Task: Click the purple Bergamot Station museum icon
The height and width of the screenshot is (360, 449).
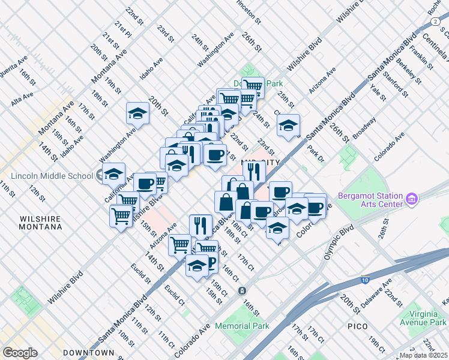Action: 412,198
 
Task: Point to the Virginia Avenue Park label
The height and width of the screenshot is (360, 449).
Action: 417,318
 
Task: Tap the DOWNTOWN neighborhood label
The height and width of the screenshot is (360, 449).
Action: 90,352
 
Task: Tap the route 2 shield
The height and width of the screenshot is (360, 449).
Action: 434,21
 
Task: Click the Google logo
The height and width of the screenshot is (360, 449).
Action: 20,352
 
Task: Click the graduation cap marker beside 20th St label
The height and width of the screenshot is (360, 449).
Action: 137,113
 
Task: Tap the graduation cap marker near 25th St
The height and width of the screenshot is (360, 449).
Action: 288,125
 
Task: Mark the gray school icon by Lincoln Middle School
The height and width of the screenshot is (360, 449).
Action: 99,176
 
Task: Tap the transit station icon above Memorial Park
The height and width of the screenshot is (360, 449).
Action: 241,291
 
